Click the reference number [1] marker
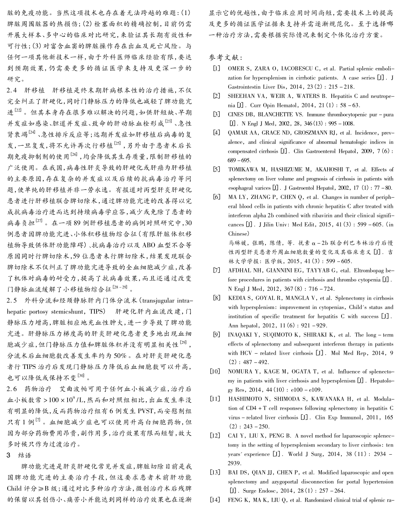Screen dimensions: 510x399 pyautogui.click(x=217, y=68)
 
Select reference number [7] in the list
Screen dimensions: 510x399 pyautogui.click(x=217, y=270)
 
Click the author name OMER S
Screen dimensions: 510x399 pyautogui.click(x=238, y=68)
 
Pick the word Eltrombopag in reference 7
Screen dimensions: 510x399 pyautogui.click(x=369, y=270)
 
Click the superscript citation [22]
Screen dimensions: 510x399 pyautogui.click(x=18, y=110)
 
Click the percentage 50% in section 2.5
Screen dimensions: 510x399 pyautogui.click(x=120, y=356)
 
